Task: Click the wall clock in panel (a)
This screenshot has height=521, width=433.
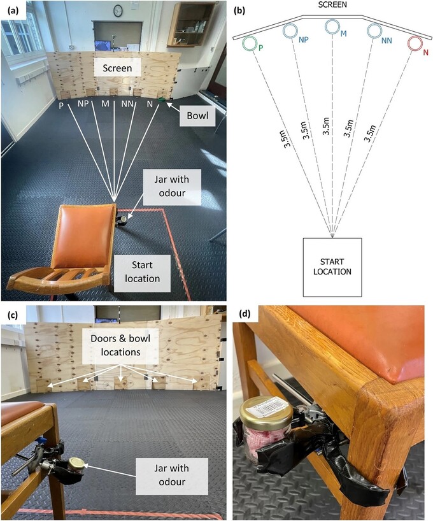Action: point(118,10)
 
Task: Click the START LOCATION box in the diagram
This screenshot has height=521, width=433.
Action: point(332,266)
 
